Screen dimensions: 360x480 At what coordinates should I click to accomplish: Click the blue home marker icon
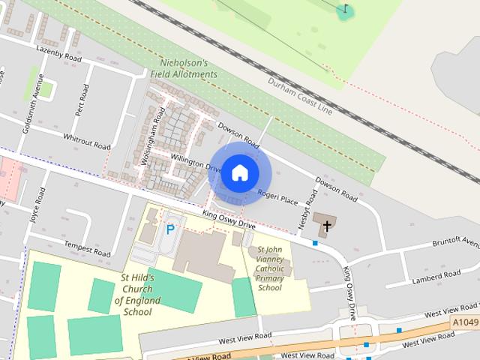239,172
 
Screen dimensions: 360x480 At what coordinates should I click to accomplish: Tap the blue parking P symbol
170,229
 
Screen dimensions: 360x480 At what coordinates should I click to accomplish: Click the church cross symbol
327,224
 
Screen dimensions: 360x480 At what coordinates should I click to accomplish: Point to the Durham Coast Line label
300,95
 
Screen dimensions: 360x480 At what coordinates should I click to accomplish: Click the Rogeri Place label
278,198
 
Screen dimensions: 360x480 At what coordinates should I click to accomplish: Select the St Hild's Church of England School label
138,295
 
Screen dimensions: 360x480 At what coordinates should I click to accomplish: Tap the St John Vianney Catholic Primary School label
270,268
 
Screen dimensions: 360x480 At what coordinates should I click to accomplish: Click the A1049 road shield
465,322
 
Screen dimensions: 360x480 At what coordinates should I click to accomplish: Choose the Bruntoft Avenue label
455,244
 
